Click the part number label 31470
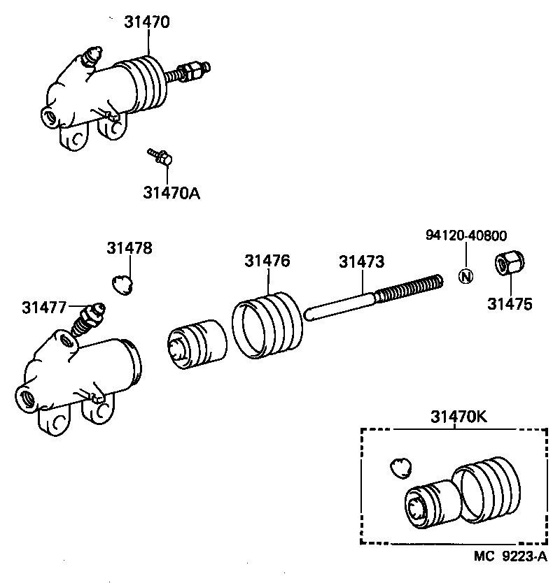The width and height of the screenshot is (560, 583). pos(148,22)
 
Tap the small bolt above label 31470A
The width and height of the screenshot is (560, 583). pos(160,157)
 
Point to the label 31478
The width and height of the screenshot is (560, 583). pos(129,248)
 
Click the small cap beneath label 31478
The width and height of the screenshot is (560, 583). pos(122,284)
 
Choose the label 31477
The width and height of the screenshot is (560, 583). pos(44,307)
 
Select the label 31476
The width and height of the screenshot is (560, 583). pos(267,261)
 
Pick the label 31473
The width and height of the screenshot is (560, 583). pos(362,261)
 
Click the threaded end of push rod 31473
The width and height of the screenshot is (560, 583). pos(409,288)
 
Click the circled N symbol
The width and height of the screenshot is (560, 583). pos(466,275)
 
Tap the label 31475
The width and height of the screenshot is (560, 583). pos(510,304)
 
